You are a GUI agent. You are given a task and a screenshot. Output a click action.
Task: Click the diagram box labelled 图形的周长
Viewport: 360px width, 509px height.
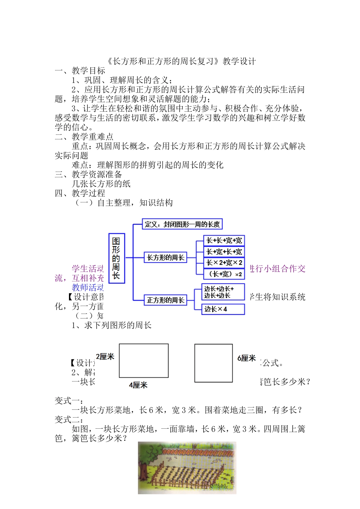pos(116,258)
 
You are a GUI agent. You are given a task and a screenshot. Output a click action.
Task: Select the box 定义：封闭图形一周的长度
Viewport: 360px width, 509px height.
pos(182,224)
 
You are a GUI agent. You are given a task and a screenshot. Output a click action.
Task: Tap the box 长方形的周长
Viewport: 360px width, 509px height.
pos(166,258)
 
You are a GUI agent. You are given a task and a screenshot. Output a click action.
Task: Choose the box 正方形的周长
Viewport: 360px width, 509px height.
pos(166,300)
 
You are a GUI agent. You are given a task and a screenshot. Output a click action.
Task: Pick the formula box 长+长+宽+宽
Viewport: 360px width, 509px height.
pos(224,240)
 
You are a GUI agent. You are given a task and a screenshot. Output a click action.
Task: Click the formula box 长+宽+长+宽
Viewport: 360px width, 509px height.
pos(224,251)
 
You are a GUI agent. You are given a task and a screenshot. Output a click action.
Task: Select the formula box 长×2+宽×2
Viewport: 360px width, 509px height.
pos(224,263)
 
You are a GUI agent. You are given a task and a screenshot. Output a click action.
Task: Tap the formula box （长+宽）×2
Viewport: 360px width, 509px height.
pos(224,274)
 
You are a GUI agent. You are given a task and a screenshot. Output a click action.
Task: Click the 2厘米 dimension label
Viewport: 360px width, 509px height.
pos(105,357)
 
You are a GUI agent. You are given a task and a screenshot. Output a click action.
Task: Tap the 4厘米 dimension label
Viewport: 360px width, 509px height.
pos(138,385)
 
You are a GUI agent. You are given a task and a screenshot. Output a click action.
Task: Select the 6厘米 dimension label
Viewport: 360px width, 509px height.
pos(247,358)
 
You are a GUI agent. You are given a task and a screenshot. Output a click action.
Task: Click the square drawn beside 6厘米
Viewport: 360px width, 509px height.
pos(213,363)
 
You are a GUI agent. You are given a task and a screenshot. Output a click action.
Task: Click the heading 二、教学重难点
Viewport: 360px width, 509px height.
pos(84,137)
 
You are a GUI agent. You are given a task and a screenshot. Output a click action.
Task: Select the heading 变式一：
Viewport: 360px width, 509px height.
pos(69,401)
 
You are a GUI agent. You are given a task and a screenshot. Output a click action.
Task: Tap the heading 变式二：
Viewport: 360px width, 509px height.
pos(69,420)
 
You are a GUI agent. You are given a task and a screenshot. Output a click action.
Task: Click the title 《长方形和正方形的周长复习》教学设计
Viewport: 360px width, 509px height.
pos(182,61)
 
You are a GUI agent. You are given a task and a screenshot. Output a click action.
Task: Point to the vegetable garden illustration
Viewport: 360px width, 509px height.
pos(187,468)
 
